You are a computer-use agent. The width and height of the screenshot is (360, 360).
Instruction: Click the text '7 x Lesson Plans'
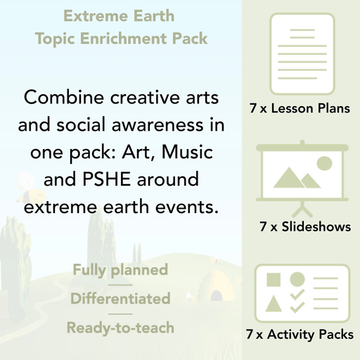(300, 109)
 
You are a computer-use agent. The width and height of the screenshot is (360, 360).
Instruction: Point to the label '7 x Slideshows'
(304, 227)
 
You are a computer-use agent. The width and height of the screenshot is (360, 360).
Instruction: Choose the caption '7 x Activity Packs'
(300, 335)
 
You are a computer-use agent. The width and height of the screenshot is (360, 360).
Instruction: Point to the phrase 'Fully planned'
(120, 270)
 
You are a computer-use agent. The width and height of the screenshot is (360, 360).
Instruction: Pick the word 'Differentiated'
(120, 299)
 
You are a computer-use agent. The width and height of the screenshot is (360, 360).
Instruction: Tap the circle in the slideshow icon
(323, 163)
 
